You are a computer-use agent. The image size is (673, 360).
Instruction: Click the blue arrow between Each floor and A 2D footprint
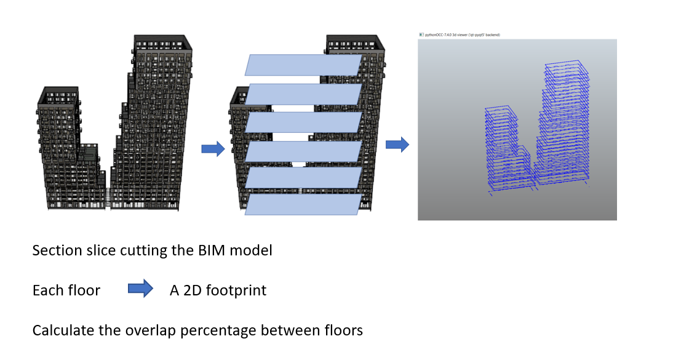140,289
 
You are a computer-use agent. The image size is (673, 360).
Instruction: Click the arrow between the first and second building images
213,148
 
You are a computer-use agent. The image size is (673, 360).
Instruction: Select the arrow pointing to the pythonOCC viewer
397,145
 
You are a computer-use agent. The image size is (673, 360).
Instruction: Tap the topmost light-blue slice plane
304,65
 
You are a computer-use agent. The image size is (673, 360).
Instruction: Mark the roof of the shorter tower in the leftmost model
58,97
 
